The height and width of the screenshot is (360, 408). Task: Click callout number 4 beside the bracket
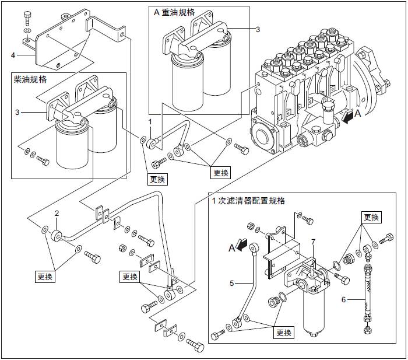click(13, 55)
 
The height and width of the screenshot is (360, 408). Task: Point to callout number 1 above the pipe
click(150, 121)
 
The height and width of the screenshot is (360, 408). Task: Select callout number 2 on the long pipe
click(57, 213)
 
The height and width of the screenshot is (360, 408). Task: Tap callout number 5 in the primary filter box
click(231, 284)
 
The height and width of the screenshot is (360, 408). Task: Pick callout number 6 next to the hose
click(343, 299)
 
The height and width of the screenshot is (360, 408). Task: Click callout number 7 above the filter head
click(313, 241)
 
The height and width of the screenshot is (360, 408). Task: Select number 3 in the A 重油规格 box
click(258, 29)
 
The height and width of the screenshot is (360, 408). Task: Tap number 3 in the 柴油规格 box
click(17, 111)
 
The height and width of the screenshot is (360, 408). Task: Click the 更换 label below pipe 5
click(284, 333)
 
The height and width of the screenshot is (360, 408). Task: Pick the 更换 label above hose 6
click(371, 217)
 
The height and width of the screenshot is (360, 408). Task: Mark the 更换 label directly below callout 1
click(157, 179)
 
